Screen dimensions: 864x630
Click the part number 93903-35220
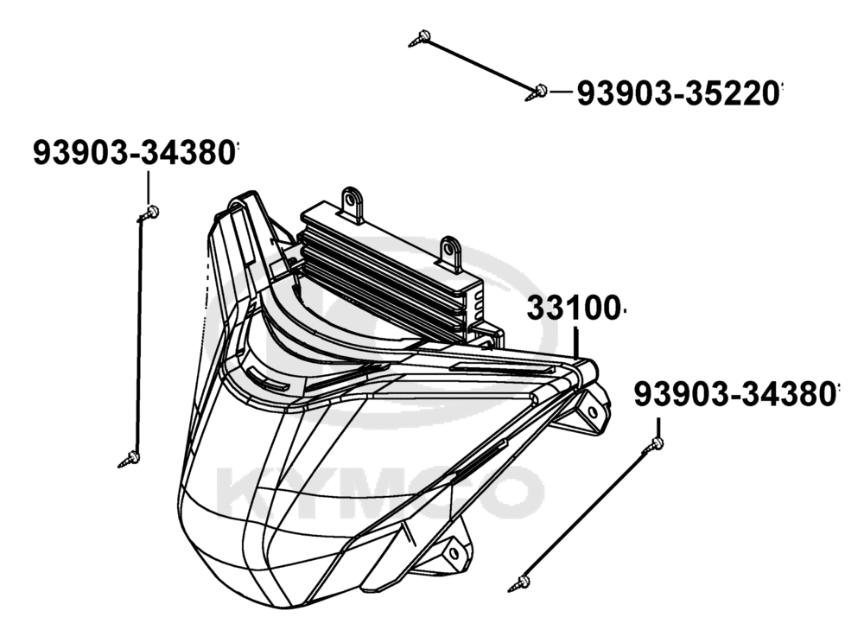click(677, 93)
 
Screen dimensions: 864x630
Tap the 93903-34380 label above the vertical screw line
click(134, 152)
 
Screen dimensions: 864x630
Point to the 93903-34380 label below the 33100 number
click(734, 394)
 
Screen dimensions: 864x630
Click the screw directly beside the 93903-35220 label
click(537, 92)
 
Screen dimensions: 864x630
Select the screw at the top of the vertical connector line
click(149, 213)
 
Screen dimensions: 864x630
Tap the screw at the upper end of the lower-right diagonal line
click(653, 445)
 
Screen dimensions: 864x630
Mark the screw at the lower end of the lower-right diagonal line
click(519, 583)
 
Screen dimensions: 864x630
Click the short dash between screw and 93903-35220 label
click(561, 93)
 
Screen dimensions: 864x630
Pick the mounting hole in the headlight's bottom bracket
click(454, 554)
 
